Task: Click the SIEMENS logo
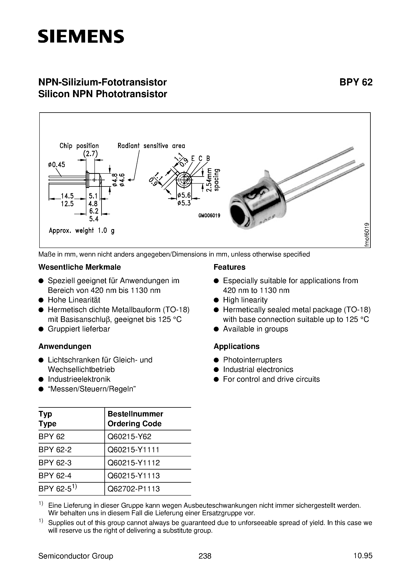(x=81, y=36)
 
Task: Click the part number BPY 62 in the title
(x=356, y=82)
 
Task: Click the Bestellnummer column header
(x=135, y=414)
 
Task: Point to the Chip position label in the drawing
(x=79, y=146)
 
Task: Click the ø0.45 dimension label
(x=56, y=165)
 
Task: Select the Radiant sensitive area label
(x=151, y=146)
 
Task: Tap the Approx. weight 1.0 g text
(x=81, y=230)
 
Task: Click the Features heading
(x=229, y=267)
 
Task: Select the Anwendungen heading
(x=65, y=346)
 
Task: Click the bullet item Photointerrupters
(x=252, y=360)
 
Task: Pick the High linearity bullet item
(x=245, y=300)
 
